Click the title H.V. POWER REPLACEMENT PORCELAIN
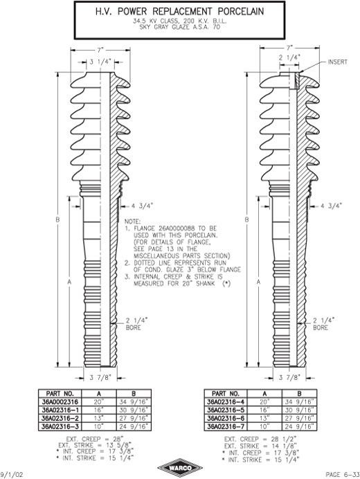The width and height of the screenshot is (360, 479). (x=180, y=12)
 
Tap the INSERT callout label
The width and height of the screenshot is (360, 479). (x=338, y=62)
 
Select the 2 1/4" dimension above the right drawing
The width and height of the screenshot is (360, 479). (x=289, y=57)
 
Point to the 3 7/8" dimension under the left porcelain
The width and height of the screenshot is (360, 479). (x=100, y=378)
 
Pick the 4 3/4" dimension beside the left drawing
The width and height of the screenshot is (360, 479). (x=143, y=206)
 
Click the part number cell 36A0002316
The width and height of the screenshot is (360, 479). (x=60, y=401)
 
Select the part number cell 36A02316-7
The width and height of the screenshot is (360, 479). (x=225, y=426)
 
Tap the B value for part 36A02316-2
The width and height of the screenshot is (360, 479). (x=134, y=418)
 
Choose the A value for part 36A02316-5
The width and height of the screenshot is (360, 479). (x=264, y=410)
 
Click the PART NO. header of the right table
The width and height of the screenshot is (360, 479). (x=226, y=393)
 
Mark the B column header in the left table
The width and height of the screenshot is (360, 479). (x=134, y=393)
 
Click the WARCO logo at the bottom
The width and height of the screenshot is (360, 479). (x=180, y=468)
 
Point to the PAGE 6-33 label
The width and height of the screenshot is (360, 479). (x=342, y=474)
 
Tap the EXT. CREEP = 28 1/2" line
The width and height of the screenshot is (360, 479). (x=260, y=440)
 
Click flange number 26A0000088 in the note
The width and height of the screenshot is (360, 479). (x=178, y=228)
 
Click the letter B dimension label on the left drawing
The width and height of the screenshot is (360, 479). (x=57, y=219)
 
